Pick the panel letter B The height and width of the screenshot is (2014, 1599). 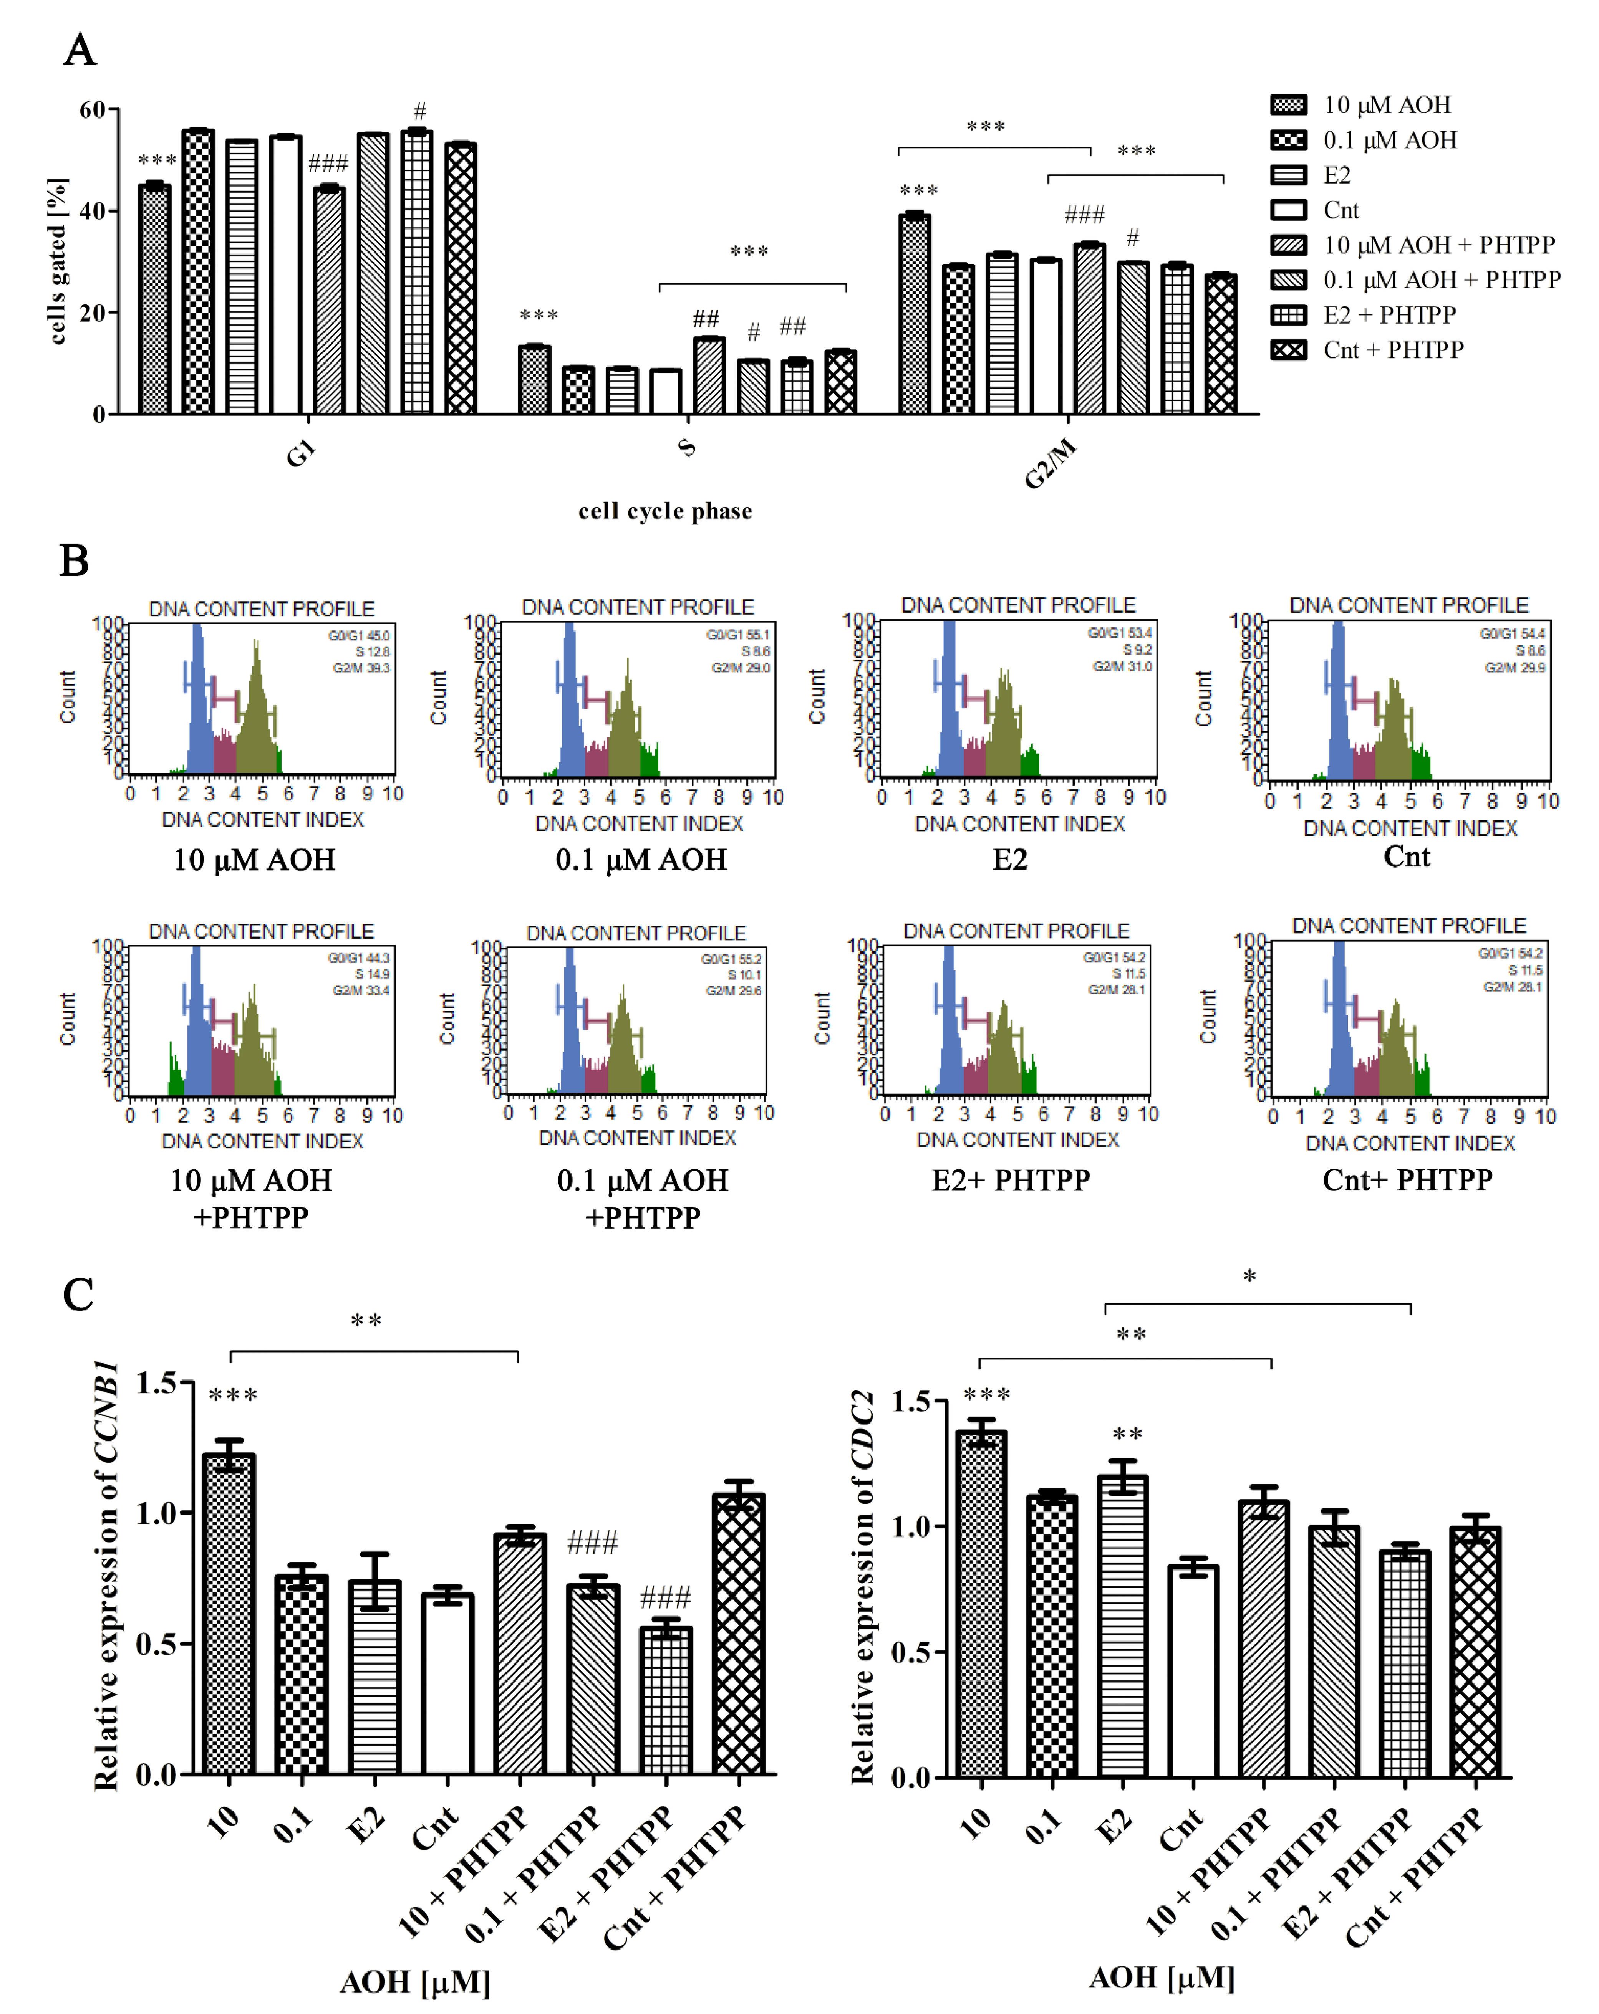pyautogui.click(x=75, y=561)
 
